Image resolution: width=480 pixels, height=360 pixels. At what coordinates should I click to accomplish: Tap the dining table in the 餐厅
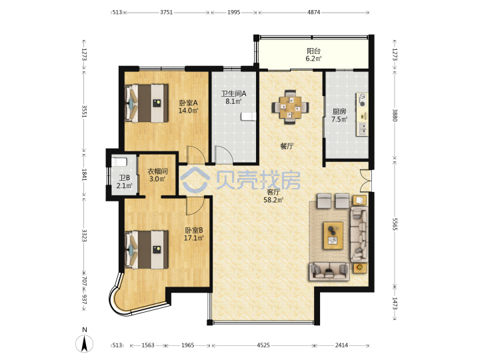coord(290,107)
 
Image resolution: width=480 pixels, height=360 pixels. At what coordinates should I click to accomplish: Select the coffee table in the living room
coord(333,235)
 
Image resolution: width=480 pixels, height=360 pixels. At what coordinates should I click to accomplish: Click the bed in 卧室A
coord(147,103)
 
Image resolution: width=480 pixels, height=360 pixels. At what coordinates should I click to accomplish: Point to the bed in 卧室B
coord(147,249)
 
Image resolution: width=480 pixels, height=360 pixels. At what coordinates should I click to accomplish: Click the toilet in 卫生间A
coord(248,117)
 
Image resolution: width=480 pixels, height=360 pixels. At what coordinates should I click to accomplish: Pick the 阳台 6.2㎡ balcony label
coord(313,55)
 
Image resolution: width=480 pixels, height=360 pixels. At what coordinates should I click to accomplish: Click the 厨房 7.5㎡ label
coord(339,115)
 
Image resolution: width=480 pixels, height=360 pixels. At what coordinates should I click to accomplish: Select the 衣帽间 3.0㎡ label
coord(157,175)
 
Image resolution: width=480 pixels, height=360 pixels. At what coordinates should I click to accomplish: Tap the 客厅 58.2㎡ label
coord(273,196)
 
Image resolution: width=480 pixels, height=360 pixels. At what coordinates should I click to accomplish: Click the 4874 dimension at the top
coord(313,12)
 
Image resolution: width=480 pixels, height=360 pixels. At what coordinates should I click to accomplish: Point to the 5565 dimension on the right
coord(395,224)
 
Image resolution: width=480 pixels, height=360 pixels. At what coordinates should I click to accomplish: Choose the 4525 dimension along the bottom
coord(263,345)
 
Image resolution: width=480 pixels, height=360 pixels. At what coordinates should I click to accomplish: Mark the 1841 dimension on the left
coord(84,175)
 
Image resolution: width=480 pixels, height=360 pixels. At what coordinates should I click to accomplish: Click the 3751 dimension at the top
coord(166,12)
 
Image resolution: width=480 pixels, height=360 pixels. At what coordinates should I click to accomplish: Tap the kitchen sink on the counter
coord(362,129)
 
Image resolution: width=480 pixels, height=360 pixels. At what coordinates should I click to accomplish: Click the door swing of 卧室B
coord(195,206)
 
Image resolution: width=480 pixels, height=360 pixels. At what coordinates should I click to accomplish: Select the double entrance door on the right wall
coord(365,181)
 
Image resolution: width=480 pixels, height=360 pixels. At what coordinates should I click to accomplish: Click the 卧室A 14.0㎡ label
coord(188,106)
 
